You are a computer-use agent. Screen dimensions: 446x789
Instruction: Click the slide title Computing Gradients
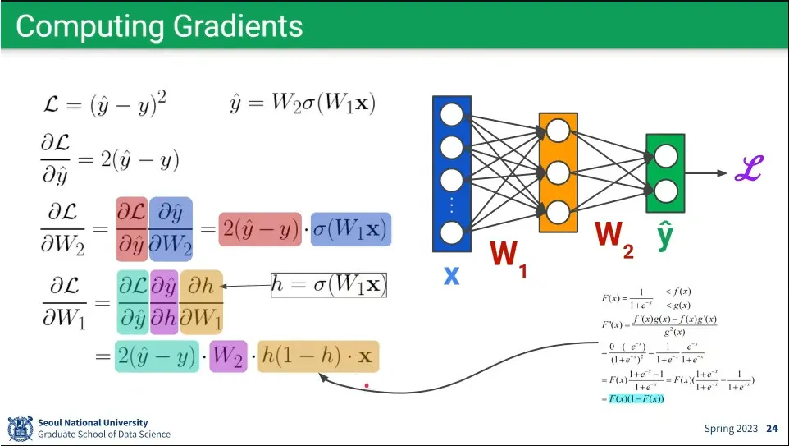159,26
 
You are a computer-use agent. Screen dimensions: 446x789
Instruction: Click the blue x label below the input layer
451,274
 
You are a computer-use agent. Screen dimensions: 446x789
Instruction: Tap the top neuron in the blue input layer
451,114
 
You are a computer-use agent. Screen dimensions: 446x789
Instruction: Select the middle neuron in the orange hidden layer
558,172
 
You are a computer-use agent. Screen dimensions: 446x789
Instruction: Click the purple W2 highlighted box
228,356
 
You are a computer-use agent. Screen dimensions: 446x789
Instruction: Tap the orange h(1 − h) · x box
317,356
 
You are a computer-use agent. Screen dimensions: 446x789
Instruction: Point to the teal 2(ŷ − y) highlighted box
157,356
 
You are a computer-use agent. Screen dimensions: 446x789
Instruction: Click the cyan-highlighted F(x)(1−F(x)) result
636,398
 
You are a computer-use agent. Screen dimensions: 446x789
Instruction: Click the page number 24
771,429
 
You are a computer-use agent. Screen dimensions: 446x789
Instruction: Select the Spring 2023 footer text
731,429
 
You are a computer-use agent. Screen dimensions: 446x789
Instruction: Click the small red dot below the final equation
367,384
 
